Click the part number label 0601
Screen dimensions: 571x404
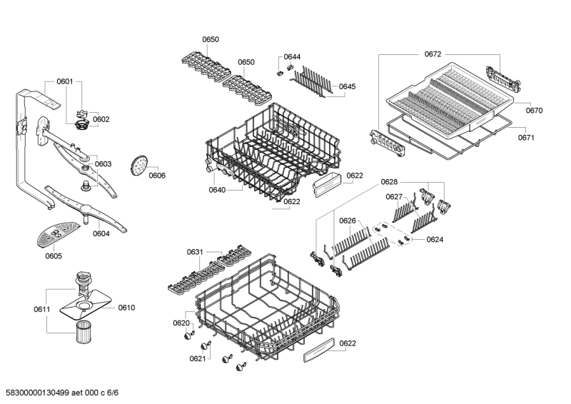(65, 81)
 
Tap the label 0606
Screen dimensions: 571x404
(157, 176)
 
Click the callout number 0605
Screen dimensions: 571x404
(54, 256)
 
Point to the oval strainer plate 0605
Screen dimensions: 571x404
(58, 234)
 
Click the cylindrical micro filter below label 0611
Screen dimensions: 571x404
(84, 332)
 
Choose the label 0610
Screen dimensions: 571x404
(126, 308)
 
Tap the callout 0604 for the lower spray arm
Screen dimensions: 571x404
(101, 234)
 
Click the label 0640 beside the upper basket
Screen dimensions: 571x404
(217, 190)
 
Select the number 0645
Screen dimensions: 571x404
(348, 86)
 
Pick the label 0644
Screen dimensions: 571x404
(292, 57)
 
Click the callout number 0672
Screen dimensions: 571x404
(433, 54)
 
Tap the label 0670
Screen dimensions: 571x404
(534, 111)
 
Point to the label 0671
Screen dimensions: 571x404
(526, 138)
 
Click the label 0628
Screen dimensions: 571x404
(389, 182)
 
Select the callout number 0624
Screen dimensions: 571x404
(435, 240)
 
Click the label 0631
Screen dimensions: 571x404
(195, 252)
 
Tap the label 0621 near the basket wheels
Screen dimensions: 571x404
(198, 359)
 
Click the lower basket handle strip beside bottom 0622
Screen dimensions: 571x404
(318, 350)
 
